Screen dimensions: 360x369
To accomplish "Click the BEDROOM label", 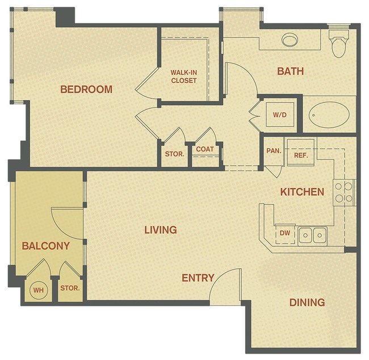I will point(86,89).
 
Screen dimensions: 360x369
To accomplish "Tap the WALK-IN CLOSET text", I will point(183,76).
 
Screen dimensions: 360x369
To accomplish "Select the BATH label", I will point(290,71).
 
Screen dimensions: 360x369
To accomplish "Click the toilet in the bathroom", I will point(339,44).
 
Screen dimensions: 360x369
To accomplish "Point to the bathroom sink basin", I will point(291,40).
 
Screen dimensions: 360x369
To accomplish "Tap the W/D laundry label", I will point(280,115).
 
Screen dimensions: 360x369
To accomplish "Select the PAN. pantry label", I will point(274,152).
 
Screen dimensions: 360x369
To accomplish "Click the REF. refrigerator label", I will point(300,155).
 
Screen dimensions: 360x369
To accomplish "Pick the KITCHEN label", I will point(302,192).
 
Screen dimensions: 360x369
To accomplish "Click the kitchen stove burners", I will point(343,192).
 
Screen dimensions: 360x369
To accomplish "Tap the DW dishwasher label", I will point(284,232).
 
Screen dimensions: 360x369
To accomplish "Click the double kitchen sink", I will point(312,234).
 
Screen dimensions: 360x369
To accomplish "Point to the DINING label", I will point(307,302).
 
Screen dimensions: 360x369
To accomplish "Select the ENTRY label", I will point(198,278).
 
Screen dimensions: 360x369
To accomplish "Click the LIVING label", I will point(160,230).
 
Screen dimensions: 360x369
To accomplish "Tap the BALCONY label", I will point(45,246).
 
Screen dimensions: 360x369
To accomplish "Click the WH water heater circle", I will point(39,291).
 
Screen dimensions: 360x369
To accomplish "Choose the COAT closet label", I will point(205,150).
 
